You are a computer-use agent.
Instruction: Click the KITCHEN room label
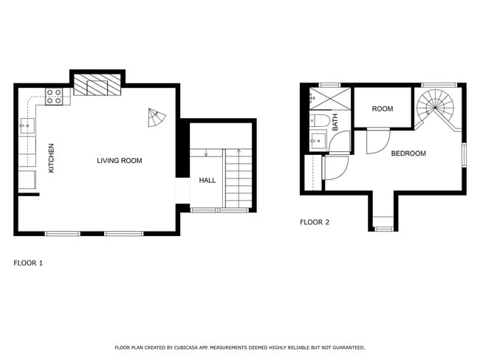click(51, 158)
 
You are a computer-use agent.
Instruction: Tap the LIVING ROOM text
click(119, 160)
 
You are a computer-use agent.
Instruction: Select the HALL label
click(207, 179)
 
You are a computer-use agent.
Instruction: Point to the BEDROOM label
click(408, 153)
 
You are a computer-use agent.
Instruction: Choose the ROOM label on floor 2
click(383, 109)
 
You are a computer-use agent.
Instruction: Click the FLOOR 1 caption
click(29, 262)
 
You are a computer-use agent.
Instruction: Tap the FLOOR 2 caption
click(315, 222)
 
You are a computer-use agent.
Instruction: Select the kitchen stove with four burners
click(54, 95)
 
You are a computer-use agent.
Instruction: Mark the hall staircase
click(239, 178)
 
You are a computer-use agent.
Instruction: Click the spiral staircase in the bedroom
click(435, 108)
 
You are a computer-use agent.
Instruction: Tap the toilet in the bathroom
click(320, 120)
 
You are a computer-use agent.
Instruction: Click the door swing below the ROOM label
click(378, 140)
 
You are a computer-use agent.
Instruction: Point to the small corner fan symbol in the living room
click(157, 117)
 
